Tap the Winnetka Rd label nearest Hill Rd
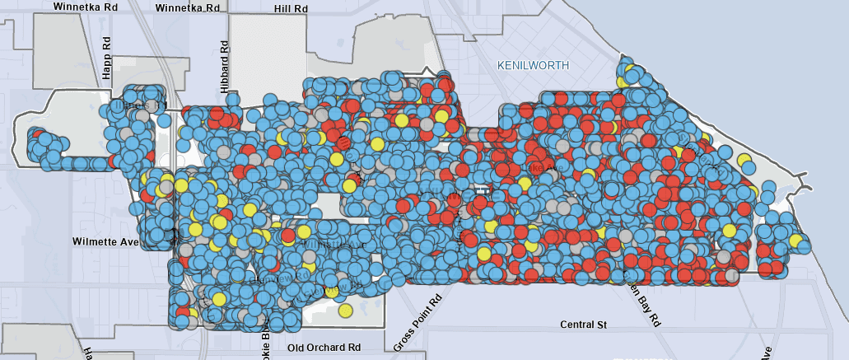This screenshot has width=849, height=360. point(188,7)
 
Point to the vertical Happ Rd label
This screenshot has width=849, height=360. point(106,58)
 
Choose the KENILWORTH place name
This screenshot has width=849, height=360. point(534,64)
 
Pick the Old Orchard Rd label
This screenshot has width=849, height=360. point(324,348)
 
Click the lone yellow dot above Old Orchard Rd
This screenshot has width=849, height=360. point(346,311)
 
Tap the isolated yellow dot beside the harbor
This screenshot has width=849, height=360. point(744,160)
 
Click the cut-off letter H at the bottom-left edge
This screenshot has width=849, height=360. point(86,353)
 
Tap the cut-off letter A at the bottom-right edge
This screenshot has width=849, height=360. point(766,353)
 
